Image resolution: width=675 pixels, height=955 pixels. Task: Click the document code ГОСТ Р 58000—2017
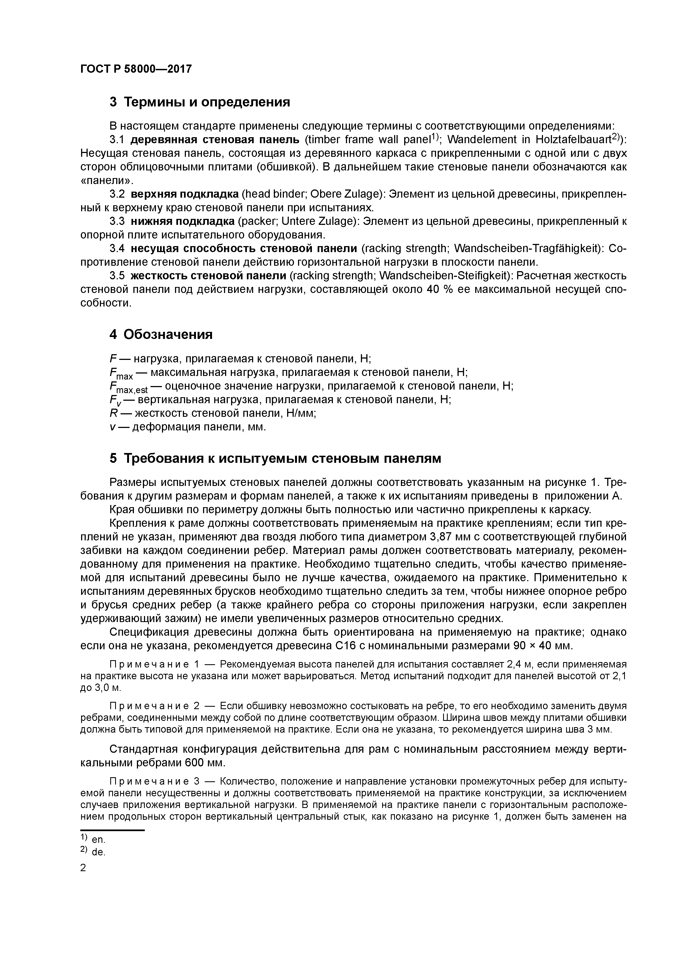click(136, 69)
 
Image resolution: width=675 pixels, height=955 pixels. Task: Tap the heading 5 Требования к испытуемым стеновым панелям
click(275, 458)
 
